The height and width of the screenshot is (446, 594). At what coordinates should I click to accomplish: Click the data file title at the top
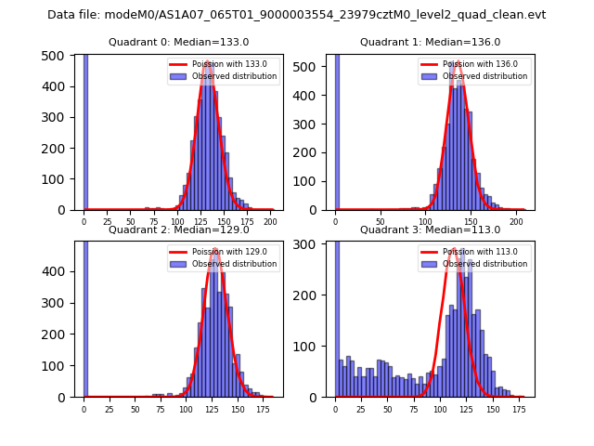click(297, 15)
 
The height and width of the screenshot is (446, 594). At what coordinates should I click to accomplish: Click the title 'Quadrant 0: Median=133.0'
click(179, 42)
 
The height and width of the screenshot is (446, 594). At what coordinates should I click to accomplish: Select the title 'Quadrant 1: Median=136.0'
click(430, 42)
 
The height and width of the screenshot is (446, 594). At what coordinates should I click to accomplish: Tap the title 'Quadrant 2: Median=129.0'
click(179, 230)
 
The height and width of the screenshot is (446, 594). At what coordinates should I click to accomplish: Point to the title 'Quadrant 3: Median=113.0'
click(430, 230)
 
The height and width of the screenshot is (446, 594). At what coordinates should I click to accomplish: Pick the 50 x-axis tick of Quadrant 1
click(381, 223)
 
